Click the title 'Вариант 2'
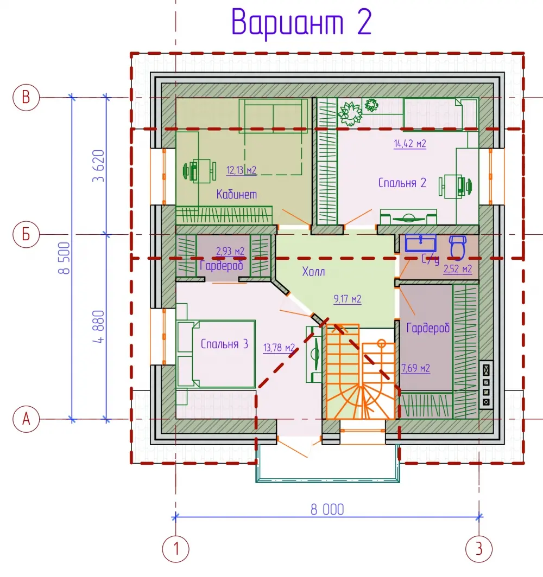301,23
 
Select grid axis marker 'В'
26,98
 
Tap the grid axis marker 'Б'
26,234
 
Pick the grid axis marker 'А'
26,419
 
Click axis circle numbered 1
176,549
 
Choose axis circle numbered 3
479,549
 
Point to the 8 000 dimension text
327,510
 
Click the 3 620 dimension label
98,166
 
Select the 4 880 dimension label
98,327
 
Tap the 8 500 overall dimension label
64,258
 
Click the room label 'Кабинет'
237,194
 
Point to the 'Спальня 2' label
402,183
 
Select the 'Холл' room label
313,272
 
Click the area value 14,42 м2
409,144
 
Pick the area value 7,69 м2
415,368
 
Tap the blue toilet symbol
457,248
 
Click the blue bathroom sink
421,243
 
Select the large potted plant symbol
350,113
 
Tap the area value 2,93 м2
230,251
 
